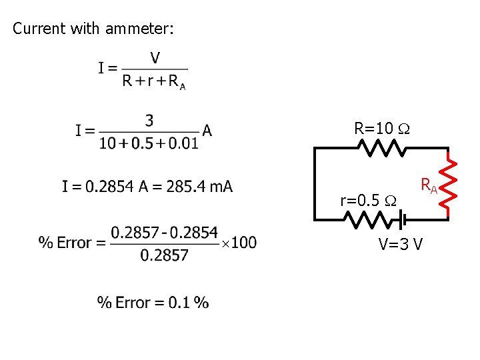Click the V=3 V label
point(400,244)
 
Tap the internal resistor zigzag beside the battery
point(370,219)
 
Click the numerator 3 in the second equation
point(149,121)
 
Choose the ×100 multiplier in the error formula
point(239,243)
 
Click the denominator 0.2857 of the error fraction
point(164,255)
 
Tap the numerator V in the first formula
point(155,58)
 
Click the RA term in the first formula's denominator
point(175,82)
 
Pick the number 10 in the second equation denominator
point(107,143)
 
